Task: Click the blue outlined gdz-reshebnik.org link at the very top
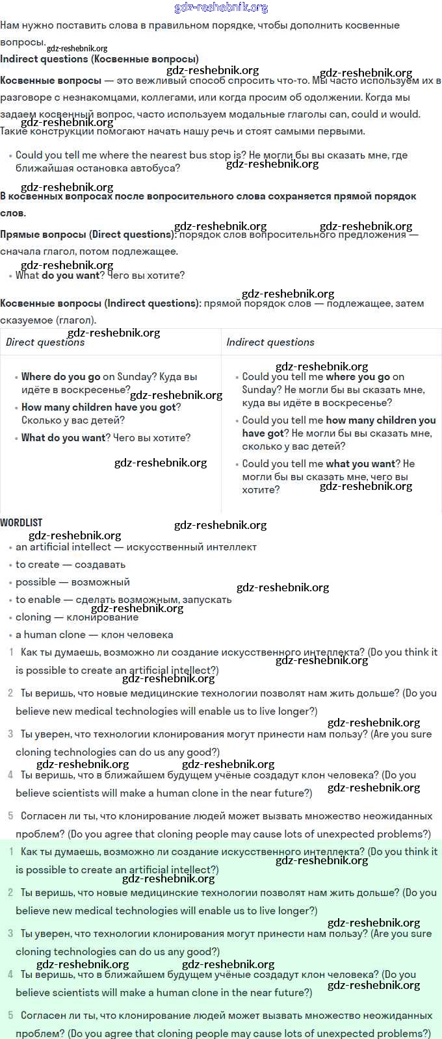click(x=221, y=8)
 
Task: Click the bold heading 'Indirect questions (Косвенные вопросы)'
click(x=99, y=58)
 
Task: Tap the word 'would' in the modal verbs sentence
click(x=406, y=114)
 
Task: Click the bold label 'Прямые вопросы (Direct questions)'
click(x=87, y=235)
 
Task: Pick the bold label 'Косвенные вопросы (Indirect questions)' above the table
click(x=99, y=303)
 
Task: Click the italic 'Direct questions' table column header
click(x=45, y=342)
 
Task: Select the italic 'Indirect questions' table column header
click(x=270, y=342)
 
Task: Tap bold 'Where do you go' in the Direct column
click(x=61, y=377)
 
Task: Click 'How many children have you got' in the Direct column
click(x=99, y=407)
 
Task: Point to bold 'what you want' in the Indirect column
click(x=361, y=464)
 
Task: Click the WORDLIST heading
click(x=21, y=522)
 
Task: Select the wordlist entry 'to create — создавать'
click(x=70, y=565)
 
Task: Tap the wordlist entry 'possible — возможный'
click(x=72, y=582)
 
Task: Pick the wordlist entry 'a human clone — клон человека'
click(x=94, y=635)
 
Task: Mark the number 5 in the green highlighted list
click(x=10, y=1015)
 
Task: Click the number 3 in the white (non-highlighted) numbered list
click(x=10, y=734)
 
